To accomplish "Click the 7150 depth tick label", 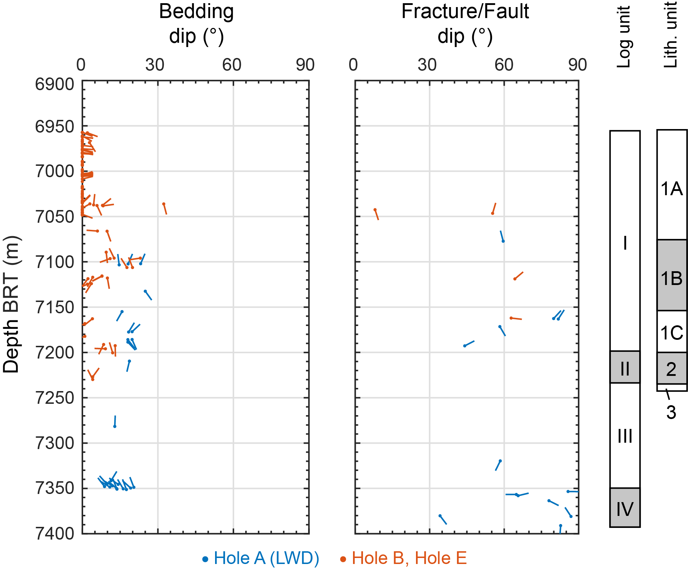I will pos(54,307).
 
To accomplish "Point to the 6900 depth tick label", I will pos(54,85).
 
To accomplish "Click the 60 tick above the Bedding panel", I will pos(232,65).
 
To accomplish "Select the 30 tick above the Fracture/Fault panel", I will pos(427,65).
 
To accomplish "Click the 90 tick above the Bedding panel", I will pos(305,65).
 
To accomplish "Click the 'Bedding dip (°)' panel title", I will pos(196,24).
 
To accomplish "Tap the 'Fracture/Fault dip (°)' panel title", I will pos(465,24).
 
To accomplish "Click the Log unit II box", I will pos(625,367).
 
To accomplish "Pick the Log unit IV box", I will pos(625,508).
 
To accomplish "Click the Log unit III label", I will pos(625,436).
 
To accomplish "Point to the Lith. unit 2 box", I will pos(672,368).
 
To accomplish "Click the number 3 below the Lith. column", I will pos(671,412).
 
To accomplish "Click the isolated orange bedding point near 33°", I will pos(163,204).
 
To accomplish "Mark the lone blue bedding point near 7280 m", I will pos(115,426).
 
